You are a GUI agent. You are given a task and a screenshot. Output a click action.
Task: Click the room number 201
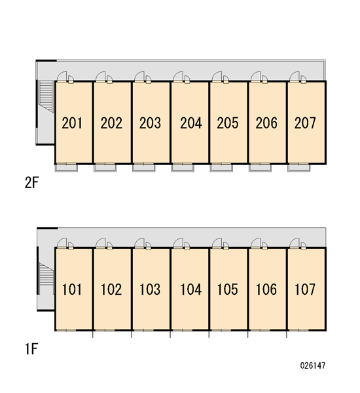point(72,123)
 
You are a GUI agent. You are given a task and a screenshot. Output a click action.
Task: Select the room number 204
point(191,123)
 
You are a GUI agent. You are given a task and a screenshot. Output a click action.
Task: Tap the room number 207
point(305,123)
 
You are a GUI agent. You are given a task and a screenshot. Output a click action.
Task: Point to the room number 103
point(150,290)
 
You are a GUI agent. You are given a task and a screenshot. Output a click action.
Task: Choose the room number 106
point(266,290)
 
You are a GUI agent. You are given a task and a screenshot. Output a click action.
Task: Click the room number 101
point(72,290)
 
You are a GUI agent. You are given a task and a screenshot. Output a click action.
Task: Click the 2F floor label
point(32,183)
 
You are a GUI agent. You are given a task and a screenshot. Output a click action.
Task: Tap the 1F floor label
point(31,349)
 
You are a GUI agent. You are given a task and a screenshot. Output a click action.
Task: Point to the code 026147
point(313,365)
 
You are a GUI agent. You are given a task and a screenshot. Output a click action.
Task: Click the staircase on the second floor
point(46,96)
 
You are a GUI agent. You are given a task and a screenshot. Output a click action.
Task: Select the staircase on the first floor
point(46,274)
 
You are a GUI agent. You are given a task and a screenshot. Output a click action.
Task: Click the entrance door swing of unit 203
point(139,77)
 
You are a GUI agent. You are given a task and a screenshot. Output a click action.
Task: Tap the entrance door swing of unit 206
point(255,77)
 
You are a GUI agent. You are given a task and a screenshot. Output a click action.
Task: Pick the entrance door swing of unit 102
point(100,243)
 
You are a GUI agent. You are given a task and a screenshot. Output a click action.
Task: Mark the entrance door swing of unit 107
point(295,243)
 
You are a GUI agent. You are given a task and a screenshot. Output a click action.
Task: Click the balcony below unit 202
point(105,168)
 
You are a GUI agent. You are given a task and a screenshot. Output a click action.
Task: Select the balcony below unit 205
point(221,168)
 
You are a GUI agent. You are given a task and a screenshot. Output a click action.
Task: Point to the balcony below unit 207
point(299,168)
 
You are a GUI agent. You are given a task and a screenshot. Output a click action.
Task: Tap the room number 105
point(228,290)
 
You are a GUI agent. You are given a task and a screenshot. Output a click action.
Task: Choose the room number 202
point(111,123)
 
